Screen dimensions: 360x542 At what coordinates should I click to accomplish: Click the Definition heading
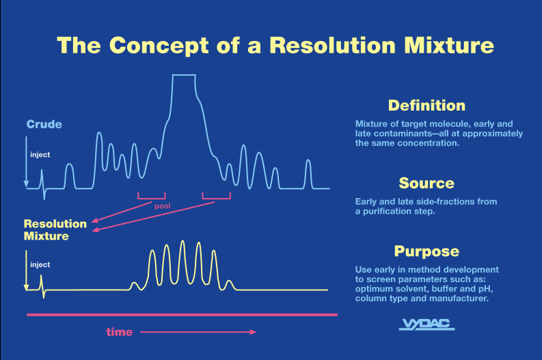(426, 105)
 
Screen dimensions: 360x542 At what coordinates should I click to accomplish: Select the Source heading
(426, 183)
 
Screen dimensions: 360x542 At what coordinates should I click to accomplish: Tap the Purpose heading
(426, 251)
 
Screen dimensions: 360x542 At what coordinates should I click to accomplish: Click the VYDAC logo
(426, 324)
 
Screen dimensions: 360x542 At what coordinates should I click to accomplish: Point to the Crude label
(44, 124)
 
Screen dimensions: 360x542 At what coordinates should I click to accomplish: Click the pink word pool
(162, 204)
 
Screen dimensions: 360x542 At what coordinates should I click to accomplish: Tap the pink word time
(119, 333)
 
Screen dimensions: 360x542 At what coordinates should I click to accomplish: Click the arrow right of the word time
(198, 333)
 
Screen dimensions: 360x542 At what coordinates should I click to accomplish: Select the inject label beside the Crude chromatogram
(40, 154)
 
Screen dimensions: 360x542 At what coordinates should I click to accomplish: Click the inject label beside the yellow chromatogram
(40, 264)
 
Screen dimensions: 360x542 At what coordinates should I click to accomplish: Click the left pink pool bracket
(151, 196)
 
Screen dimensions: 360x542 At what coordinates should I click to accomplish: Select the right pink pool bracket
(216, 196)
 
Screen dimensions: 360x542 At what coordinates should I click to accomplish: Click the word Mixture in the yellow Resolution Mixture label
(46, 236)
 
